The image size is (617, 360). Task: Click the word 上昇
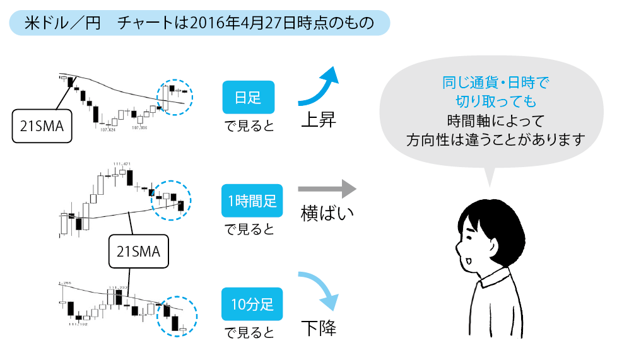317,120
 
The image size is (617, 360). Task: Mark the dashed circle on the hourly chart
172,198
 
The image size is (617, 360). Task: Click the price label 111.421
121,165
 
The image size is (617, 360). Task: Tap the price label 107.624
108,130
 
